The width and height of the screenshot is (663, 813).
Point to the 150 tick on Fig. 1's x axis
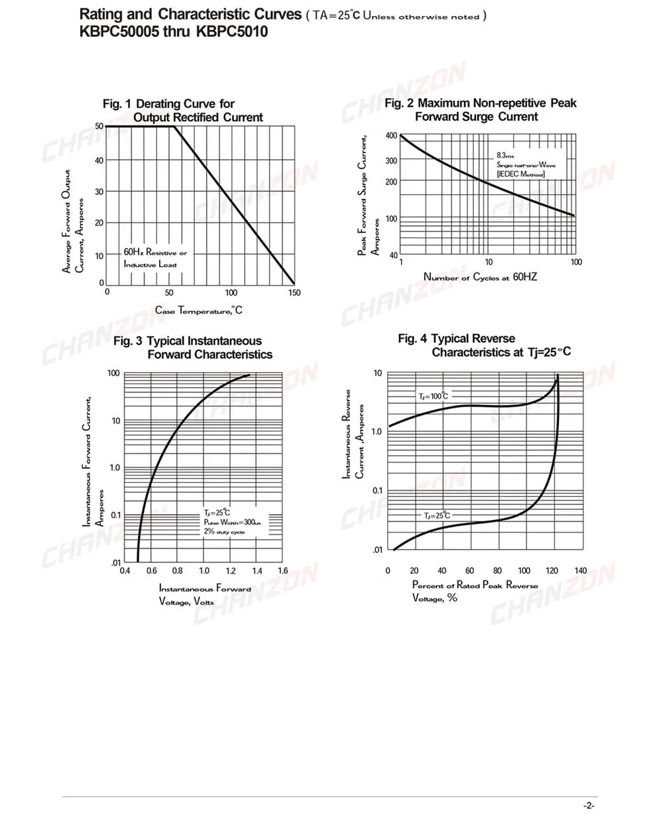coord(294,292)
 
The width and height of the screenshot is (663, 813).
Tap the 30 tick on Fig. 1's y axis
coord(99,192)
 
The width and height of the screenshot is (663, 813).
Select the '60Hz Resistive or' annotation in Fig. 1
coord(155,253)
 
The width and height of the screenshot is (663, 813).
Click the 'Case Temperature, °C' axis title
coord(199,310)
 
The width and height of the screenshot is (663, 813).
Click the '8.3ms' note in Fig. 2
coord(507,155)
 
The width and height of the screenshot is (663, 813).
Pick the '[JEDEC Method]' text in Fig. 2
coord(520,174)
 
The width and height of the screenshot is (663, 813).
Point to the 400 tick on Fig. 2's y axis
coord(391,136)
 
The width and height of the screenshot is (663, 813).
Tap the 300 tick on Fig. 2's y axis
coord(391,160)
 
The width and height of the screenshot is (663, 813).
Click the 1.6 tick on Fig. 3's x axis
coord(283,570)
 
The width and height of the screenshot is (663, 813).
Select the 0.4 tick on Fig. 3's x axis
coord(125,570)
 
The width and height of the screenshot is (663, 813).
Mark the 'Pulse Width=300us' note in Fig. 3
coord(232,523)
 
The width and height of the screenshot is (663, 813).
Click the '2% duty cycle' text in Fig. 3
coord(224,532)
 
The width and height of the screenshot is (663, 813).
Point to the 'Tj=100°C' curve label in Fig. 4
coord(433,396)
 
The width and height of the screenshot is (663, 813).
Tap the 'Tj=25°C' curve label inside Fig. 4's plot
coord(437,515)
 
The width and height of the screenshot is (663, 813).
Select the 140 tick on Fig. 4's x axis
coord(581,570)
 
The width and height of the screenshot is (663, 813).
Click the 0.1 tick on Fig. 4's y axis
coord(377,490)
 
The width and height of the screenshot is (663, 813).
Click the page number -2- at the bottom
coord(588,805)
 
